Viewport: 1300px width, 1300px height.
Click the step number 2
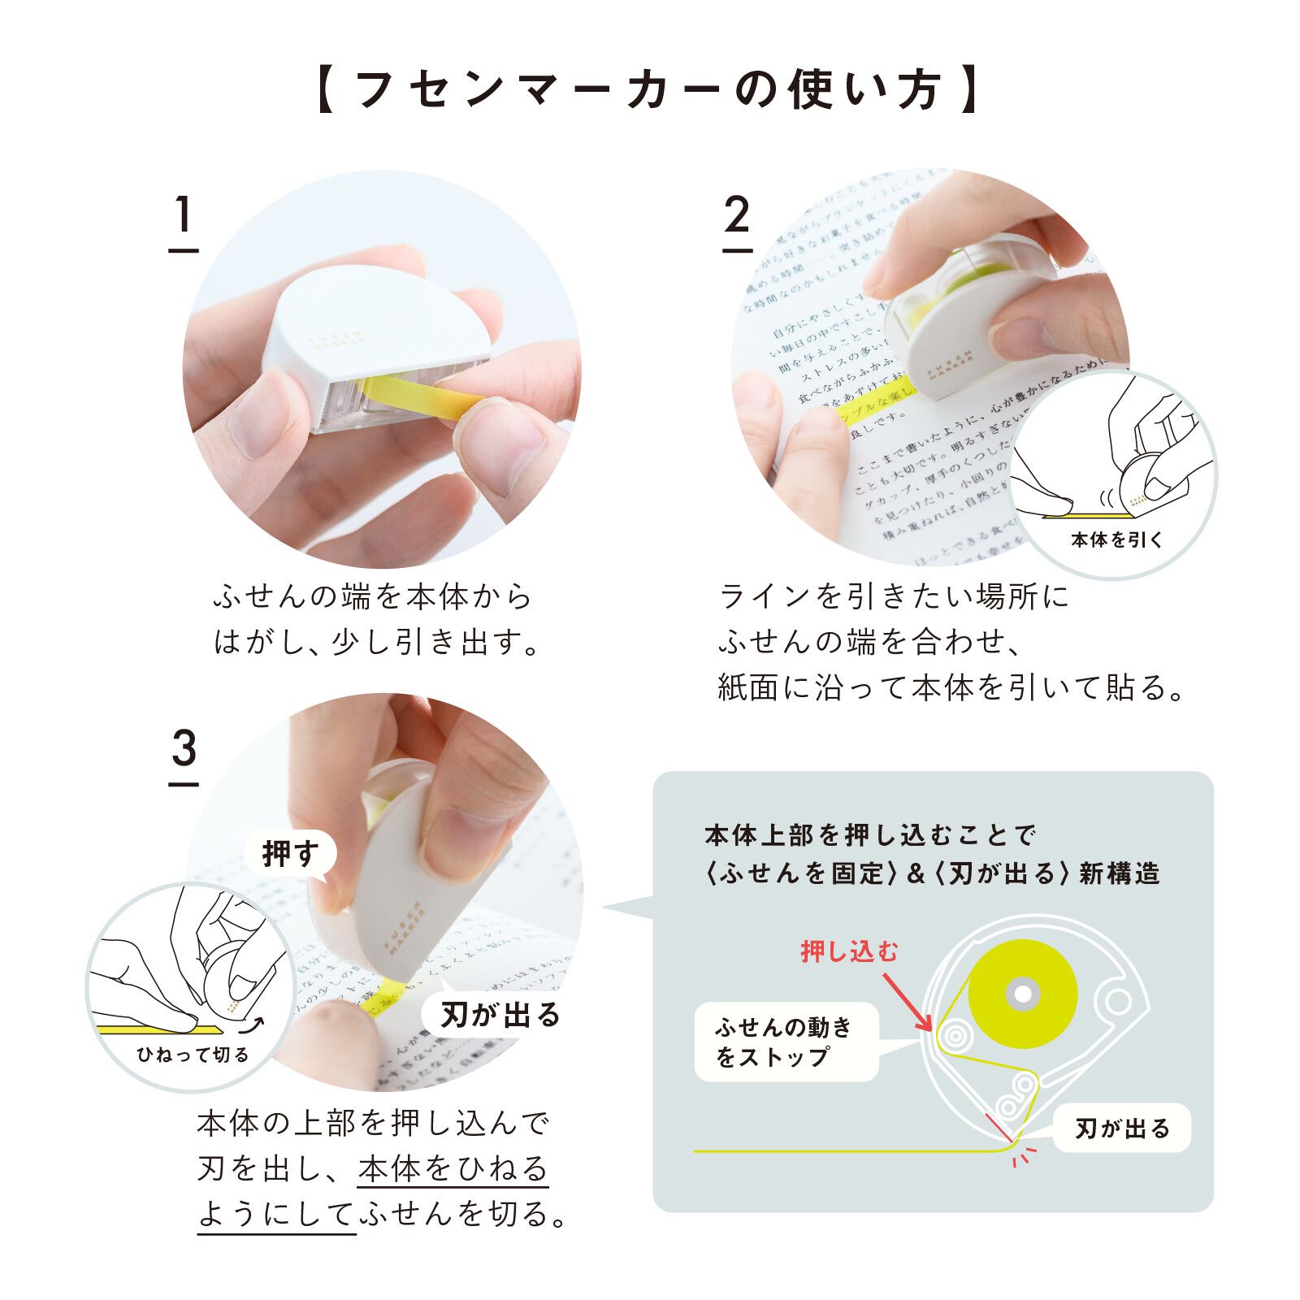click(x=736, y=216)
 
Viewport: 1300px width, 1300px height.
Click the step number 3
click(x=184, y=749)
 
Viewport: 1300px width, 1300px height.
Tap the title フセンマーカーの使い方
click(x=648, y=89)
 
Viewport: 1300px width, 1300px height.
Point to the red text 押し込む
click(x=849, y=951)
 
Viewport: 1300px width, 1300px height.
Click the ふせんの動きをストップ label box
click(x=785, y=1042)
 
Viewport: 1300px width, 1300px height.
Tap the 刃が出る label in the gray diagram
click(x=1122, y=1128)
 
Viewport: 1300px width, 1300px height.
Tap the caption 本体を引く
click(x=1116, y=539)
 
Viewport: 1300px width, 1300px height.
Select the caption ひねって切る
click(x=193, y=1055)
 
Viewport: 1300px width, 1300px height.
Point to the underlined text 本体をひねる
click(x=453, y=1169)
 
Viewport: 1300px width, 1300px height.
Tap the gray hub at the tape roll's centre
click(x=1023, y=994)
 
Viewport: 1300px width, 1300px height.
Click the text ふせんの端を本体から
click(x=372, y=597)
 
